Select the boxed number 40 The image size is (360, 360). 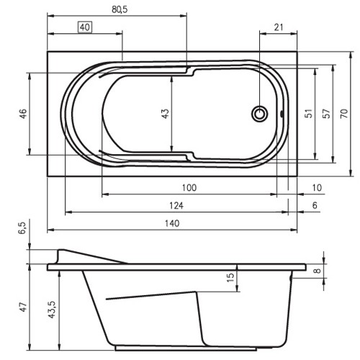(x=86, y=28)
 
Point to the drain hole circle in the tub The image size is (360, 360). (x=260, y=114)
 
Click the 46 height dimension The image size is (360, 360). (x=23, y=114)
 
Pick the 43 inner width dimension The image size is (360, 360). (x=165, y=114)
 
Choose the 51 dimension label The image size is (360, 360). (x=309, y=114)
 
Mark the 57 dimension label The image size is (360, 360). (x=327, y=114)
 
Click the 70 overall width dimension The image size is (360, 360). (x=344, y=114)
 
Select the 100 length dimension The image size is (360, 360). (x=189, y=188)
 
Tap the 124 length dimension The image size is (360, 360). (x=175, y=206)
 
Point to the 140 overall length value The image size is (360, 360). (x=171, y=223)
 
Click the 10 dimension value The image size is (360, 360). (x=317, y=188)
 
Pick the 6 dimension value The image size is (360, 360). (x=315, y=206)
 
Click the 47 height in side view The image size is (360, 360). (x=23, y=307)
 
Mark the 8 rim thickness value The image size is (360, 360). (x=318, y=271)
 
